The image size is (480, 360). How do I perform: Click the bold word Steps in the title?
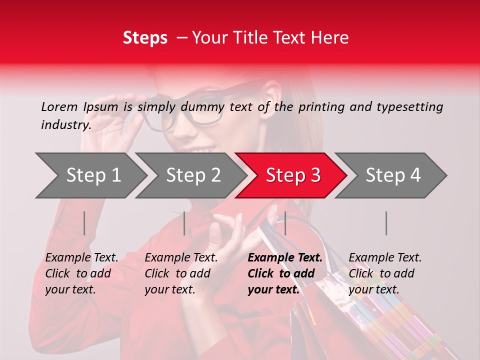coord(145,38)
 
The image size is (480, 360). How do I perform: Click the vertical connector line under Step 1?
coord(84,223)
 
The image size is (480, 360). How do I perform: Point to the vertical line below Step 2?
coord(184,223)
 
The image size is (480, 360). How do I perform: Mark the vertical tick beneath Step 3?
coord(285,223)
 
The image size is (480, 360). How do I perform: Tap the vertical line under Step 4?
coord(386,223)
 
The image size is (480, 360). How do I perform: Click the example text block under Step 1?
coord(81,273)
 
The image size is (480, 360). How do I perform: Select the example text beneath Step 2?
coord(181,273)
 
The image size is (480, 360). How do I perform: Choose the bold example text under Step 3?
coord(285,273)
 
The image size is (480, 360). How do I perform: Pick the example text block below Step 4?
coord(385,273)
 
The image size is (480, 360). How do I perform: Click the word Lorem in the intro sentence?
coord(59,106)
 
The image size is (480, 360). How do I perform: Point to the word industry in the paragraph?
coord(65,125)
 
